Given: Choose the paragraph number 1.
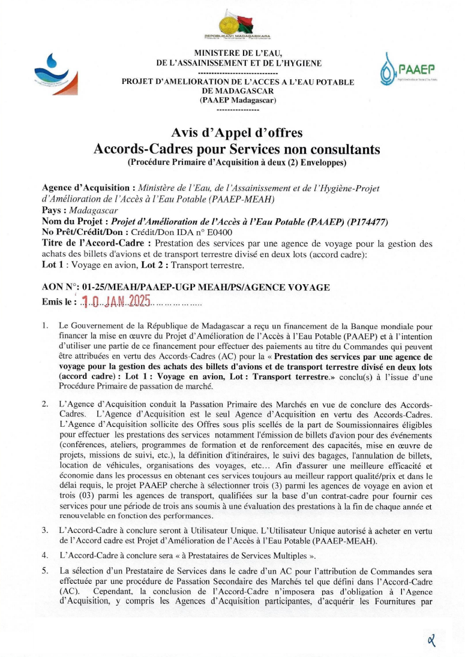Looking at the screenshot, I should (x=45, y=326).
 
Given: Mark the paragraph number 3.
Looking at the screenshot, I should (x=45, y=530).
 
